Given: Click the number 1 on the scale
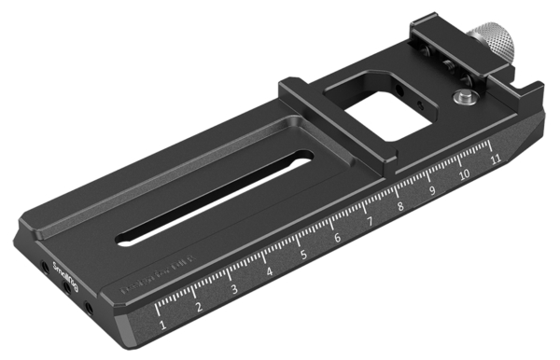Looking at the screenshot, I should [x=163, y=325].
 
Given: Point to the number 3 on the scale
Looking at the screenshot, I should [x=234, y=290].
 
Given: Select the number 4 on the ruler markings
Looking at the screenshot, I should [x=269, y=272].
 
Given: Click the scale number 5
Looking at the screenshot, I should [x=303, y=255].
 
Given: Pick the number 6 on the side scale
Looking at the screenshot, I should [x=337, y=239].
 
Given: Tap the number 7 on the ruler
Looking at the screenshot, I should [x=370, y=223].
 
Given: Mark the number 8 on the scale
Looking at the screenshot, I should [x=401, y=206].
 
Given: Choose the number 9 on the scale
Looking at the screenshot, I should [x=432, y=191].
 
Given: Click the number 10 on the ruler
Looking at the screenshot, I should [x=463, y=176].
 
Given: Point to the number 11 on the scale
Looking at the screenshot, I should [x=494, y=160].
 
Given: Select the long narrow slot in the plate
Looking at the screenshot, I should [x=215, y=196].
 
